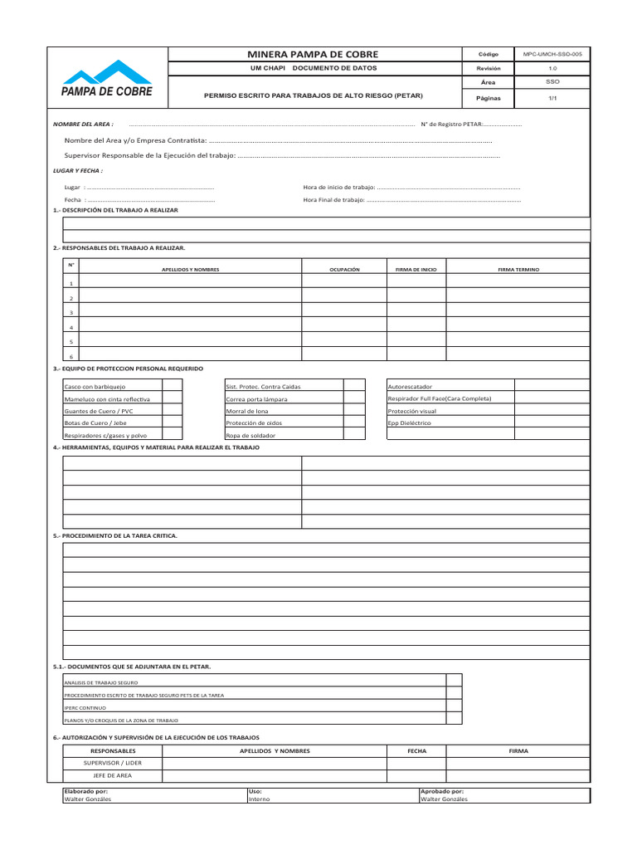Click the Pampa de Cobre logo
click(107, 79)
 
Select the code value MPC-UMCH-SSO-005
click(552, 54)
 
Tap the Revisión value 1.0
click(552, 68)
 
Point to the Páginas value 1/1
click(552, 97)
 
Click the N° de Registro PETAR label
click(449, 124)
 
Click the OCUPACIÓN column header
click(344, 270)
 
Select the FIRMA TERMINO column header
click(518, 270)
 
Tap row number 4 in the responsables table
click(71, 327)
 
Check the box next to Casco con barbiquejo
click(173, 386)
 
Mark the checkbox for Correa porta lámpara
click(354, 398)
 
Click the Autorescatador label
click(410, 387)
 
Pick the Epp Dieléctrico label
click(410, 423)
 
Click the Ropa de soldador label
click(250, 435)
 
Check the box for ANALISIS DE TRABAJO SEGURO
click(454, 681)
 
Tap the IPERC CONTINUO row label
click(85, 707)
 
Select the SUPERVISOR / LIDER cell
click(113, 762)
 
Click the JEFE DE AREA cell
click(113, 775)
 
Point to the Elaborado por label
click(86, 791)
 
